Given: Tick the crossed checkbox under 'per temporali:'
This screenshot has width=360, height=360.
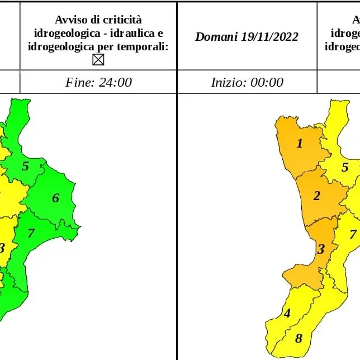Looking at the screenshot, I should pyautogui.click(x=98, y=59).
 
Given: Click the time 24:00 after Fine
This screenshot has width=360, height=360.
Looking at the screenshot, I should pyautogui.click(x=114, y=82).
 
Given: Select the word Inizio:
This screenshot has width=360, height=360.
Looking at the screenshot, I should pyautogui.click(x=228, y=82).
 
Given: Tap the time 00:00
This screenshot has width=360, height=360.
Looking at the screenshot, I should pyautogui.click(x=266, y=82).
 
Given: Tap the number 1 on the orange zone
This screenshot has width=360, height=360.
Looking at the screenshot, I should pyautogui.click(x=299, y=144).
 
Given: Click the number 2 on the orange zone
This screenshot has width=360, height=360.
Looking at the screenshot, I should pyautogui.click(x=316, y=196).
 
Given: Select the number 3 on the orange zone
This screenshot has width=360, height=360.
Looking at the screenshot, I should pyautogui.click(x=320, y=249).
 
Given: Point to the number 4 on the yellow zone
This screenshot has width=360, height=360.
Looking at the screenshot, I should pyautogui.click(x=287, y=313).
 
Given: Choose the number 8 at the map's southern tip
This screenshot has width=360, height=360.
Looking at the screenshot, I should pyautogui.click(x=299, y=338).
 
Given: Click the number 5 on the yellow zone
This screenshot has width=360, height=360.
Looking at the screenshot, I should pyautogui.click(x=345, y=167).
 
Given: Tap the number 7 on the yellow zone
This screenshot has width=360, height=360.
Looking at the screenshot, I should pyautogui.click(x=352, y=234).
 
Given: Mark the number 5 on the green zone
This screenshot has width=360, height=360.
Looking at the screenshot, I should pyautogui.click(x=25, y=166).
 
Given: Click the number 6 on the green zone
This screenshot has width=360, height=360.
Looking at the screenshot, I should pyautogui.click(x=55, y=198).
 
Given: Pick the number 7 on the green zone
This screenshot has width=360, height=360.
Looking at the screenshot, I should pyautogui.click(x=31, y=233).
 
